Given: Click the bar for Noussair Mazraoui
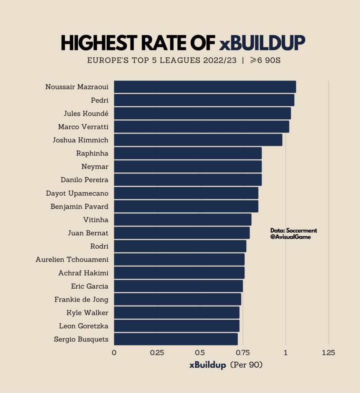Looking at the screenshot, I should tap(205, 87).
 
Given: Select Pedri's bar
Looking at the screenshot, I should tap(204, 100).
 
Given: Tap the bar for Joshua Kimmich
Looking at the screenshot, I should tap(198, 140).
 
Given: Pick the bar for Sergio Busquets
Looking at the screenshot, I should tap(176, 339).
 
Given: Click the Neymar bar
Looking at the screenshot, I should tap(188, 167).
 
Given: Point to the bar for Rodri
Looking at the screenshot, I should tap(180, 246).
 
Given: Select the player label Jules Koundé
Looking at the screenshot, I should tap(86, 114).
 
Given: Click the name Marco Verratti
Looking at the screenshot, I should tap(83, 127).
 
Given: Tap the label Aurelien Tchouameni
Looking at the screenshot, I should tap(72, 259).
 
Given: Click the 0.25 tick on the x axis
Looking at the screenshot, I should tap(157, 353).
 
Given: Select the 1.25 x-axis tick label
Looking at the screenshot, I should tap(328, 353).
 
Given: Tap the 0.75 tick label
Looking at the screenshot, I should tap(243, 353).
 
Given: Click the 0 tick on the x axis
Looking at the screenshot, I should tap(114, 353).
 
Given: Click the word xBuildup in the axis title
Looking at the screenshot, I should tap(208, 365).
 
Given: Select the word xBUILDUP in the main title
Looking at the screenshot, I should tap(262, 43).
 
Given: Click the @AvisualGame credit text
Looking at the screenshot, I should tap(290, 237).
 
